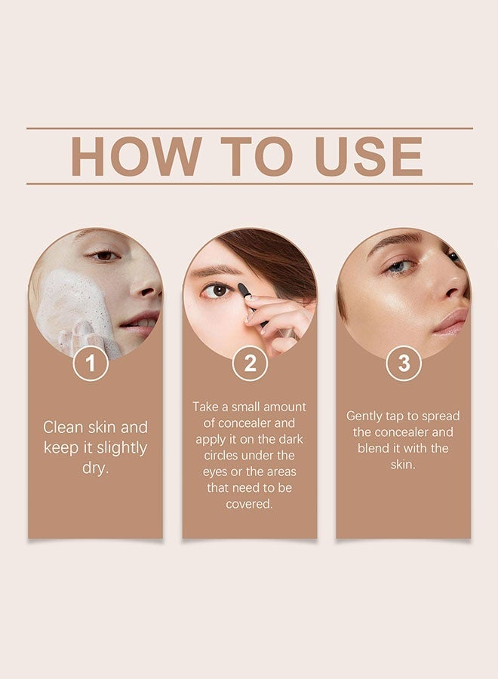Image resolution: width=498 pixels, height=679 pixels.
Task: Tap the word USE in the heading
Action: tap(369, 156)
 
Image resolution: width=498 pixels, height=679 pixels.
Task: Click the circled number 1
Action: tap(91, 364)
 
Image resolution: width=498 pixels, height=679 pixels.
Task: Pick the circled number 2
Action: tap(250, 364)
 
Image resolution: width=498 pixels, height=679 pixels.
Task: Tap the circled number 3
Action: tap(404, 364)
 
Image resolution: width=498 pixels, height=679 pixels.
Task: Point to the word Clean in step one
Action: tap(64, 427)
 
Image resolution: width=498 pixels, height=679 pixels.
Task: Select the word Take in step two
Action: tap(206, 407)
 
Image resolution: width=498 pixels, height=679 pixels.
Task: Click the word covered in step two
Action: tap(248, 504)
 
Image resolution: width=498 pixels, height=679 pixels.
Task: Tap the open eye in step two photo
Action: tap(220, 290)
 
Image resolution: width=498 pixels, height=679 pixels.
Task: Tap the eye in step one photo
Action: tap(104, 256)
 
